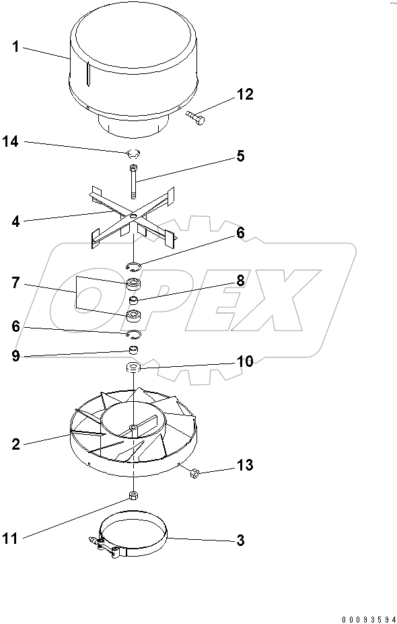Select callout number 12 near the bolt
pos(244,94)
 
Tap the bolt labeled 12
pos(196,119)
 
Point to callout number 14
pos(11,141)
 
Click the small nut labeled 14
pos(133,152)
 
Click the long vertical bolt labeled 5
pos(134,182)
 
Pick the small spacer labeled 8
pos(134,300)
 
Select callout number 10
pos(244,361)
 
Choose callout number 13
pos(244,465)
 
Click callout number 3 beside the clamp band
pos(240,540)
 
